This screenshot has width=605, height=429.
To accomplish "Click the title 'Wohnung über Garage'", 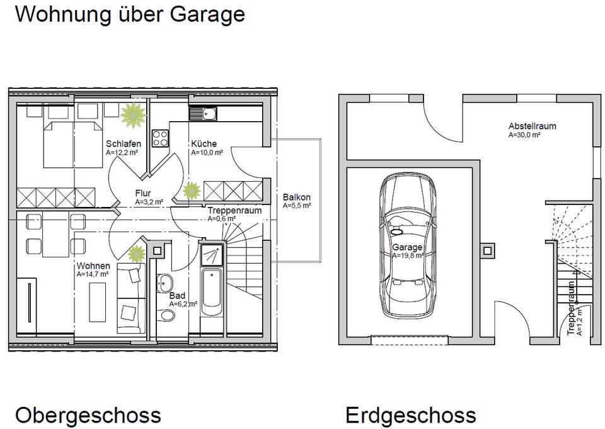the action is (x=130, y=15).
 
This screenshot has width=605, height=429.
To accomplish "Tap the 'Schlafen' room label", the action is (x=124, y=144).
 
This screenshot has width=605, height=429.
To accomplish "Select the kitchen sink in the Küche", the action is (x=203, y=114).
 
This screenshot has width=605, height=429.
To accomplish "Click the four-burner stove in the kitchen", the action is (x=160, y=138).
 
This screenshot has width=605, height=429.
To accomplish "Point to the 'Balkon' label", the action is (x=297, y=197).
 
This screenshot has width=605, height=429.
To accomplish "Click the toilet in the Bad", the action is (x=166, y=315).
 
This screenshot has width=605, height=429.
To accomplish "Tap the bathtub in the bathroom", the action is (x=212, y=293).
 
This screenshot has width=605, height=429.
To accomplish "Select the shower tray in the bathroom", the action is (x=212, y=254).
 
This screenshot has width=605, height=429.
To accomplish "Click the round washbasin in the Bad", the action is (x=165, y=284).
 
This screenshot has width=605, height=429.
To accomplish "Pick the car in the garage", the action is (x=408, y=245).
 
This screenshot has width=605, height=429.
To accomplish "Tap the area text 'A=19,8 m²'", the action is (x=408, y=256).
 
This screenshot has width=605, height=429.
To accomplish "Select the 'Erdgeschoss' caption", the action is (x=410, y=416).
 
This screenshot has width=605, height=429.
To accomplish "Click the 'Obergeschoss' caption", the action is (x=88, y=416).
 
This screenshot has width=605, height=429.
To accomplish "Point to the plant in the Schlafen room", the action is (x=133, y=115).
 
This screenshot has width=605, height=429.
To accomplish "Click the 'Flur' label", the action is (x=143, y=193).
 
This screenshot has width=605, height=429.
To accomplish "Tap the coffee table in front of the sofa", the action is (x=98, y=302).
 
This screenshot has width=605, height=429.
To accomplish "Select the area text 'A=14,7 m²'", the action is (x=93, y=274).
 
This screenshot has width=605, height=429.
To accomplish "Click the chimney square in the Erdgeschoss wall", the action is (x=487, y=251).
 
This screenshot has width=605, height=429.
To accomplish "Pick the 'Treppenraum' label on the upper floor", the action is (x=234, y=211).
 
